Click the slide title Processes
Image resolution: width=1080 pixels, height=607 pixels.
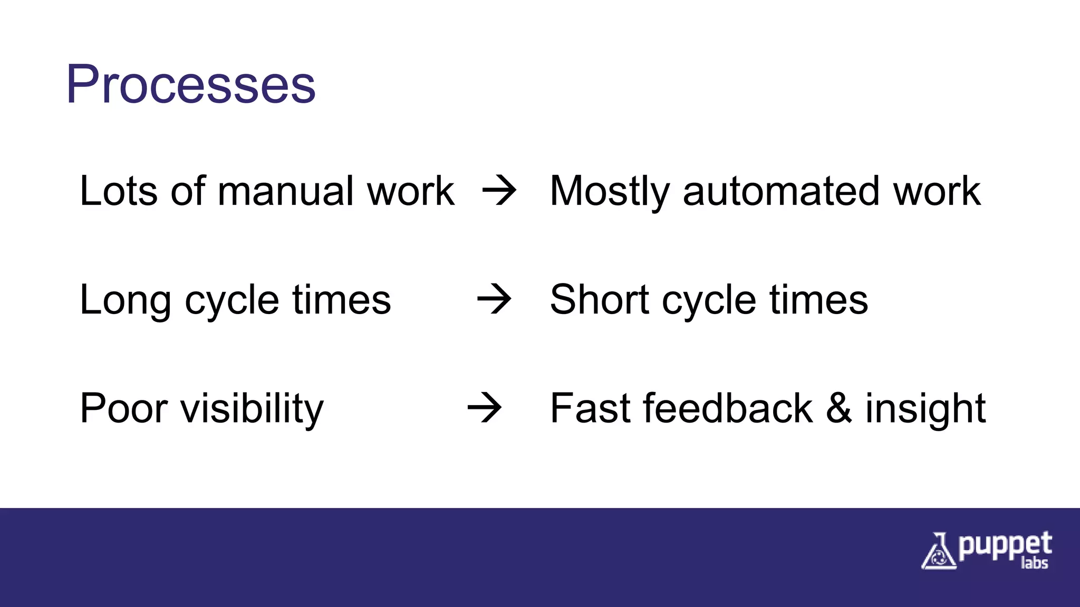tap(190, 84)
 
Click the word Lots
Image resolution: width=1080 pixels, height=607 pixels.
tap(118, 191)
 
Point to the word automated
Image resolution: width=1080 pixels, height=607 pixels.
tap(780, 191)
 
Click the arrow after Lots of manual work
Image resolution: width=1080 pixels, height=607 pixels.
tap(499, 191)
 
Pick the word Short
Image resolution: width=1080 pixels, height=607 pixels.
tap(599, 299)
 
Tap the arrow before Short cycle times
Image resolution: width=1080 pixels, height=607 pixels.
tap(494, 299)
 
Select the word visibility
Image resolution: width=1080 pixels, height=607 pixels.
tap(252, 409)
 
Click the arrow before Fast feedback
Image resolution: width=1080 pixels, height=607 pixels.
tap(484, 408)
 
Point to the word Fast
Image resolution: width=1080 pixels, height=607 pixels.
tap(590, 408)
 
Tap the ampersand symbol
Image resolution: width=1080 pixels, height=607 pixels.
tap(838, 408)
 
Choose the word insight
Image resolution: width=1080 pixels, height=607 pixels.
tap(925, 409)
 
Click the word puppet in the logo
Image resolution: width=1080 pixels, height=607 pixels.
tap(1005, 546)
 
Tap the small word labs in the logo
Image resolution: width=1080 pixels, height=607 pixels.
tap(1034, 563)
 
